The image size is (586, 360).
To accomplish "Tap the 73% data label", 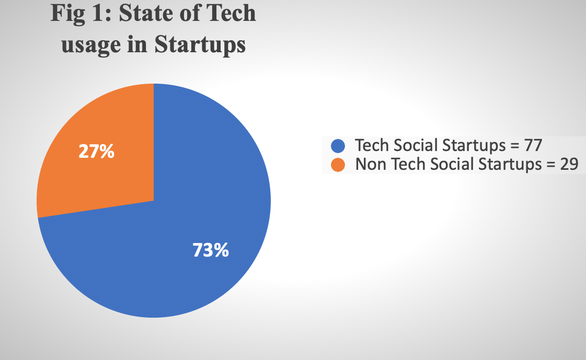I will pyautogui.click(x=211, y=250).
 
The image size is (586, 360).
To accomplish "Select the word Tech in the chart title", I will pyautogui.click(x=233, y=14).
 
